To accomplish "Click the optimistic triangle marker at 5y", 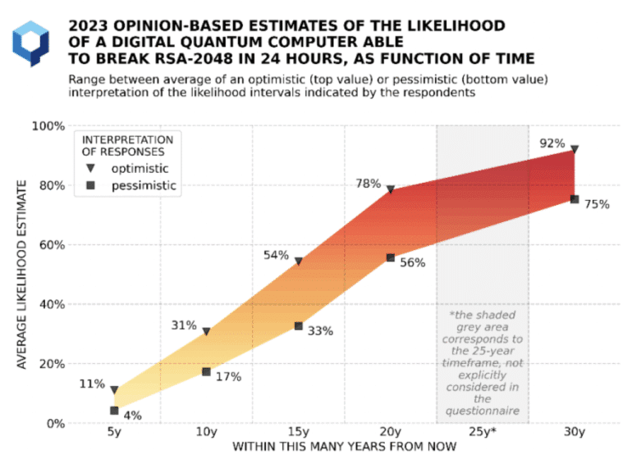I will [115, 390].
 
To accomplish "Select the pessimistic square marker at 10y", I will [207, 372].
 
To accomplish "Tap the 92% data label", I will [551, 142].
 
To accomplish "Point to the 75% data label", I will [597, 204].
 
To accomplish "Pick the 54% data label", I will [276, 255].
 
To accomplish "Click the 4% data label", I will [133, 416].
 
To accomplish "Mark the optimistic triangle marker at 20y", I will [391, 190].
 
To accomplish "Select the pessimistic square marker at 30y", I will [575, 199].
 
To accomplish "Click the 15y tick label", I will [299, 432].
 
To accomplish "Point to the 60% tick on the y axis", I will [52, 244].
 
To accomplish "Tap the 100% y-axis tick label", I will [48, 125].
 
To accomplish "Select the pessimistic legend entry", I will [139, 185].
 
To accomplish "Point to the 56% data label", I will [413, 262].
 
